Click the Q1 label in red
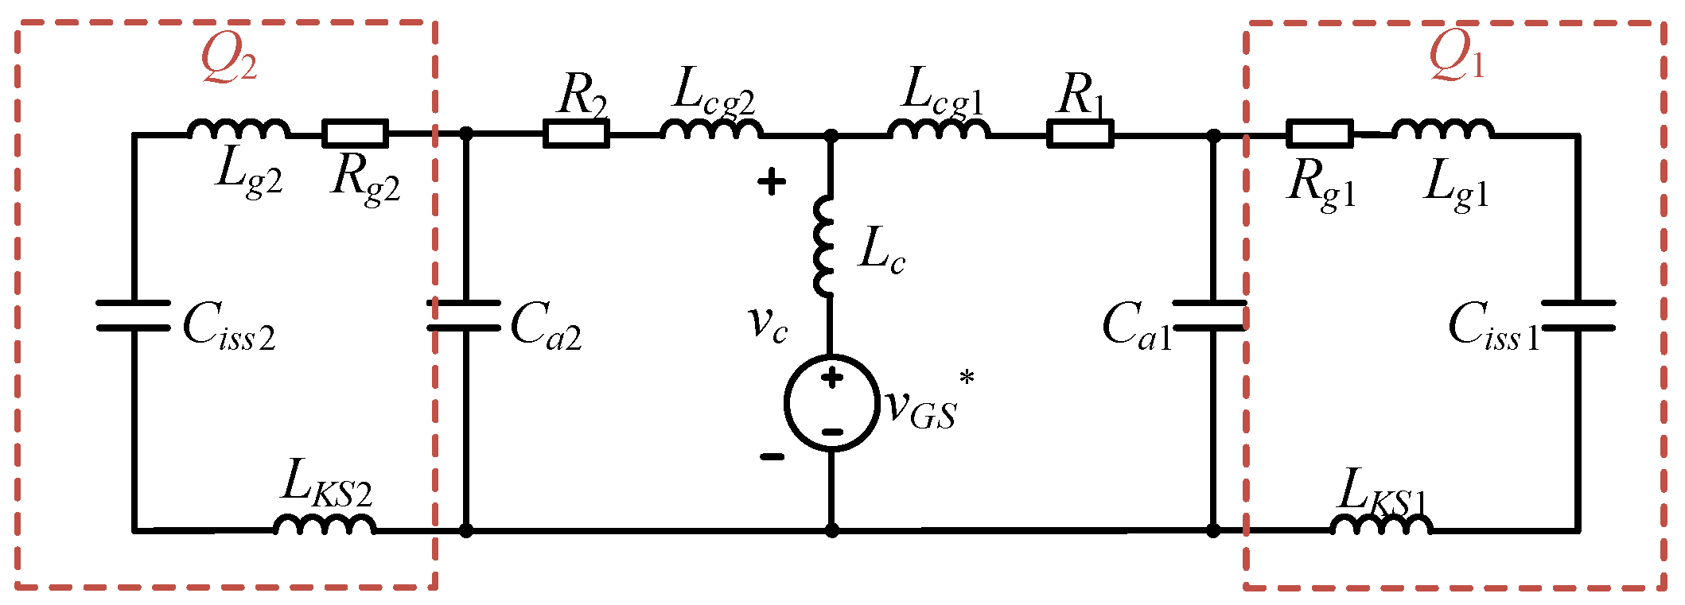tap(1456, 57)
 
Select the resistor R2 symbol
tap(576, 134)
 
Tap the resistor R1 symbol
tap(1080, 134)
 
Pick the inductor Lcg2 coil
tap(710, 130)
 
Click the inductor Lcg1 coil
tap(939, 130)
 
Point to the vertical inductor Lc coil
tap(825, 246)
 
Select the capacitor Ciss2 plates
tap(133, 316)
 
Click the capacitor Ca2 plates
tap(465, 316)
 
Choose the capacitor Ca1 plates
tap(1212, 316)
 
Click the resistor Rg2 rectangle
tap(355, 134)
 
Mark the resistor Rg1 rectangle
tap(1319, 134)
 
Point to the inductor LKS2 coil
tap(325, 524)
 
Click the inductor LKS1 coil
tap(1381, 524)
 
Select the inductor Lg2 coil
tap(239, 130)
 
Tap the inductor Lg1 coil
tap(1442, 130)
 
